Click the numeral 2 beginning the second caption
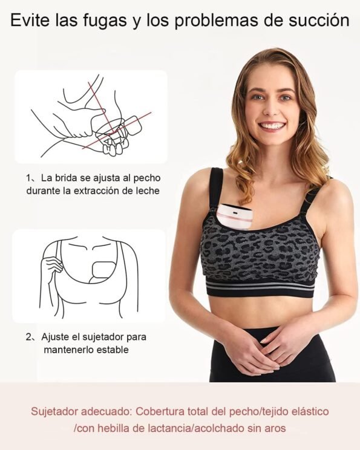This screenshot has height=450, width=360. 28,337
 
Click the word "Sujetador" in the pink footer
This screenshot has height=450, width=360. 56,411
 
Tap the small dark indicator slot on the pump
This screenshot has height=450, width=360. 234,214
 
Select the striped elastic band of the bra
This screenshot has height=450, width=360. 260,287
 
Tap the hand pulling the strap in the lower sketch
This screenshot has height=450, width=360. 52,265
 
